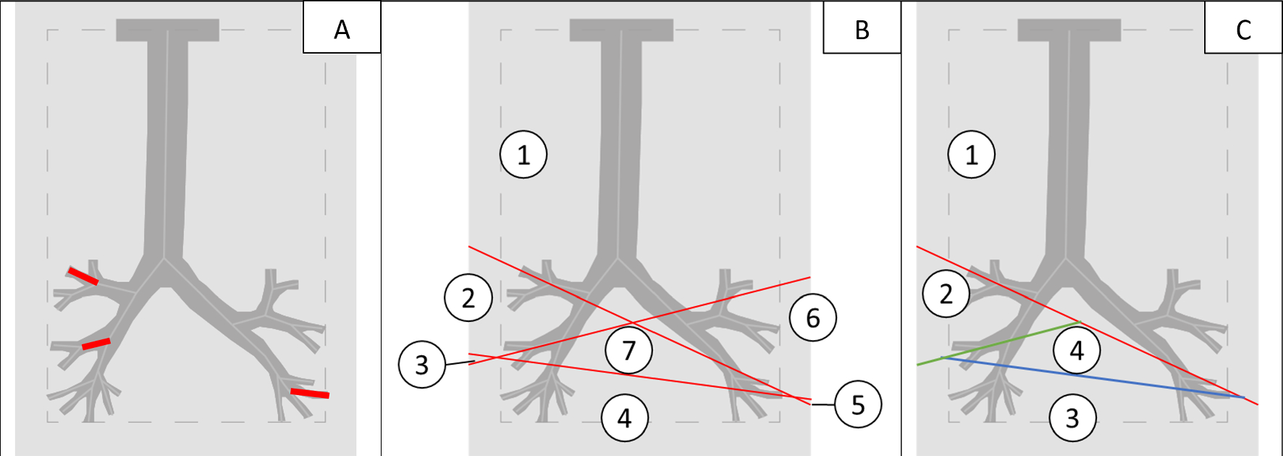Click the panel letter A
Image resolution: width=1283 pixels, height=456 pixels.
click(x=342, y=30)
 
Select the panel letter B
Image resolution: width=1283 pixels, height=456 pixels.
click(x=862, y=30)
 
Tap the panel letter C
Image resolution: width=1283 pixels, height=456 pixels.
click(x=1243, y=30)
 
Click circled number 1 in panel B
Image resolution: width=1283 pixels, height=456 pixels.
click(x=523, y=154)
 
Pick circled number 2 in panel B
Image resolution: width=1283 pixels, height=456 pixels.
click(x=468, y=297)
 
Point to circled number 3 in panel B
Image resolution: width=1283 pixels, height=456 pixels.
click(x=421, y=365)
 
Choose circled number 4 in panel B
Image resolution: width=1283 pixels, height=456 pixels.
click(x=624, y=418)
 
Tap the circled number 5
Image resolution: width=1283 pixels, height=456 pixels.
click(x=858, y=405)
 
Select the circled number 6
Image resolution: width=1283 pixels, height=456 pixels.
click(x=813, y=318)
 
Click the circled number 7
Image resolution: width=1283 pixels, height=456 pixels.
click(x=628, y=350)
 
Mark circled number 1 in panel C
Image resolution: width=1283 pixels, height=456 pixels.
click(x=972, y=154)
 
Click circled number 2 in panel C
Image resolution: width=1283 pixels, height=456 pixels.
click(x=946, y=294)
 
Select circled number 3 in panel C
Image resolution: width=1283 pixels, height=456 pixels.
click(x=1072, y=418)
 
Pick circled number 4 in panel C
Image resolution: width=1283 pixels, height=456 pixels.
click(x=1077, y=350)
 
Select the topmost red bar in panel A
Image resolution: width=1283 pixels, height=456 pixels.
click(x=83, y=275)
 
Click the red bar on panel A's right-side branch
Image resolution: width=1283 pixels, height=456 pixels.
click(x=310, y=393)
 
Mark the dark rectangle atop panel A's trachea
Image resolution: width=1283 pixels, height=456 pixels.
click(x=167, y=30)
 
